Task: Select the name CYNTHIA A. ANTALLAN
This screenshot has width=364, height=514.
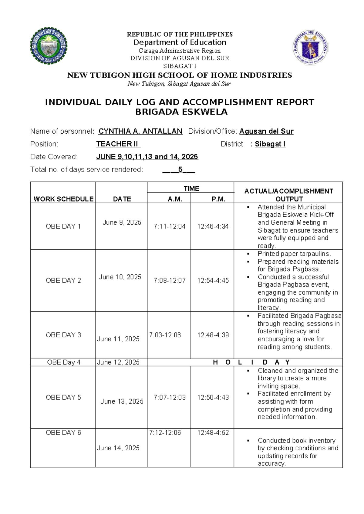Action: coord(140,131)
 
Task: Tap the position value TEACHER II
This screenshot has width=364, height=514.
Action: coord(118,144)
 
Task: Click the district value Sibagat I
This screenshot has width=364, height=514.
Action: coord(270,144)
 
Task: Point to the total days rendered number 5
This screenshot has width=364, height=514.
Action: coord(180,169)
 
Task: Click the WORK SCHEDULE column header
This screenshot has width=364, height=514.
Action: coord(63,199)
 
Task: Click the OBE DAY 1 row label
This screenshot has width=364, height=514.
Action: coord(63,226)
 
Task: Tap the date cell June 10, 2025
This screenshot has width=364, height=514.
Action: coord(120,277)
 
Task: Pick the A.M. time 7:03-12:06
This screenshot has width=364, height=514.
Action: coord(165,335)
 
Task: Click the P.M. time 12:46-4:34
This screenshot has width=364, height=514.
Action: coord(213,226)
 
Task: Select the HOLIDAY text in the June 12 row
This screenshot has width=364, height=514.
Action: coord(251,362)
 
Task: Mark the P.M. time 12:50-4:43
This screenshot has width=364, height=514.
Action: coord(213,397)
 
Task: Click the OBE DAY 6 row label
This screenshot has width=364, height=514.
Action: coord(63,432)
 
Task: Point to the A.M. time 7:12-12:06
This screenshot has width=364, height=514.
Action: coord(165,432)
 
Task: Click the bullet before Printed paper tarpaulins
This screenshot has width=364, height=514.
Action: coord(248,254)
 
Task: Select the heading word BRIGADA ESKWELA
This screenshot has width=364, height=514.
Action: coord(181,112)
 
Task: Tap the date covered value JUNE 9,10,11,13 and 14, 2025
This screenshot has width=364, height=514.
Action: coord(147,157)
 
